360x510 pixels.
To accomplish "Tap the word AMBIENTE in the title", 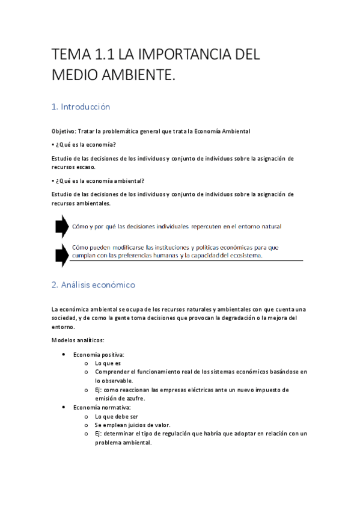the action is point(139,76).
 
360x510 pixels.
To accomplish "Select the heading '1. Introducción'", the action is point(81,107).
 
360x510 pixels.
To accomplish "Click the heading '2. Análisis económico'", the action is point(93,284).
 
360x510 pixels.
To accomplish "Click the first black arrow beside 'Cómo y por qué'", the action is point(61,226).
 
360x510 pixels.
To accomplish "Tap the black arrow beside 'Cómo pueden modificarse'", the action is point(61,254).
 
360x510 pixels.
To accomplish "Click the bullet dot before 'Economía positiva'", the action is point(64,355).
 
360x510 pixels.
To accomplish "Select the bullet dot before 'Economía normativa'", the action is point(64,407).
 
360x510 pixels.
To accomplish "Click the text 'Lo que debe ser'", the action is point(117,416).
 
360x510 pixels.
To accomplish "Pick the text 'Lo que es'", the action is point(108,363).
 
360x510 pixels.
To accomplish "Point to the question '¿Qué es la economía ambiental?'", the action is point(99,181).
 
